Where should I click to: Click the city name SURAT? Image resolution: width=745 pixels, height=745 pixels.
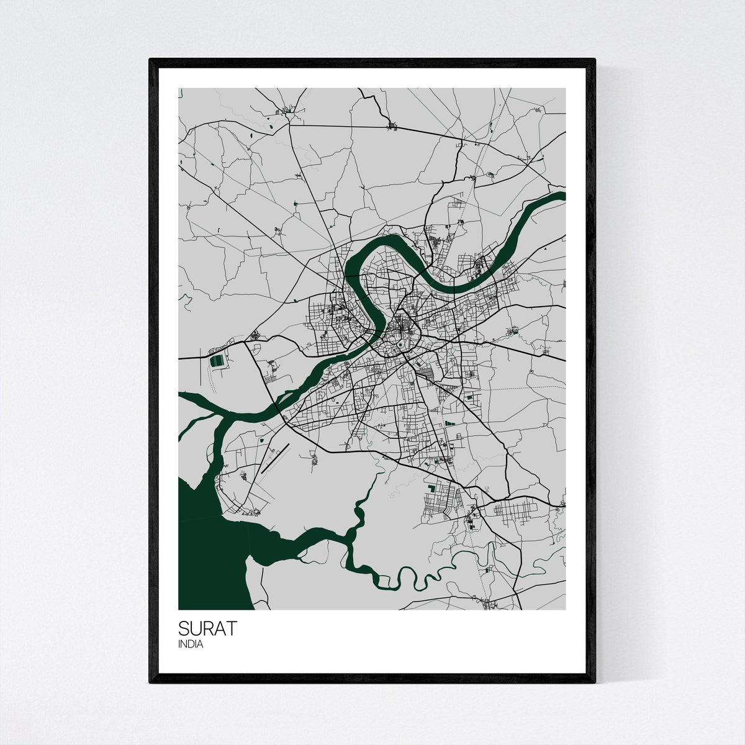click(207, 628)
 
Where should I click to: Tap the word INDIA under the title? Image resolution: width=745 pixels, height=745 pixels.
click(190, 644)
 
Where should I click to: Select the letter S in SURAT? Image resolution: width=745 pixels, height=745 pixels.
click(184, 628)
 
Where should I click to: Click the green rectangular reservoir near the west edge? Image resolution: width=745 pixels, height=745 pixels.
click(217, 361)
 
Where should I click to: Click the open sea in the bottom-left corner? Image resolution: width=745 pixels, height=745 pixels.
click(205, 559)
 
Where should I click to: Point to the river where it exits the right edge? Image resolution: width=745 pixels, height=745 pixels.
click(561, 196)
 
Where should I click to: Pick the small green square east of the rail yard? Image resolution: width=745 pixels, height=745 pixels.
click(469, 396)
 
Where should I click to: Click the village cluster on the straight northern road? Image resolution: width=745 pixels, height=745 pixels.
click(392, 127)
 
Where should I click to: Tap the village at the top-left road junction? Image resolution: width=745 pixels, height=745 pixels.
click(287, 111)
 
